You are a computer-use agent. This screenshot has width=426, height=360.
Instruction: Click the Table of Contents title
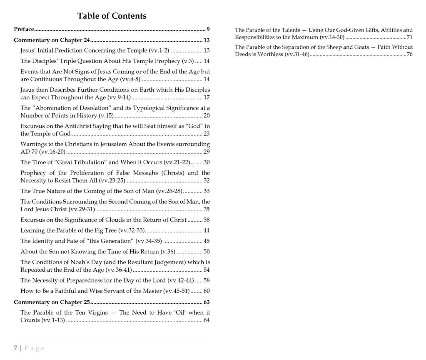[x=112, y=16]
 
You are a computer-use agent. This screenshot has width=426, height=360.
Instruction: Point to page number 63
[x=206, y=302]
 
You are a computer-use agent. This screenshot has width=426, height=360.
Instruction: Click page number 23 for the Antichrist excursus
[x=206, y=134]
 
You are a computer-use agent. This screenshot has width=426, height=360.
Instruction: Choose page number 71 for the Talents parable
[x=409, y=37]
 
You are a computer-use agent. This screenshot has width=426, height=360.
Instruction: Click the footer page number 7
[x=16, y=348]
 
